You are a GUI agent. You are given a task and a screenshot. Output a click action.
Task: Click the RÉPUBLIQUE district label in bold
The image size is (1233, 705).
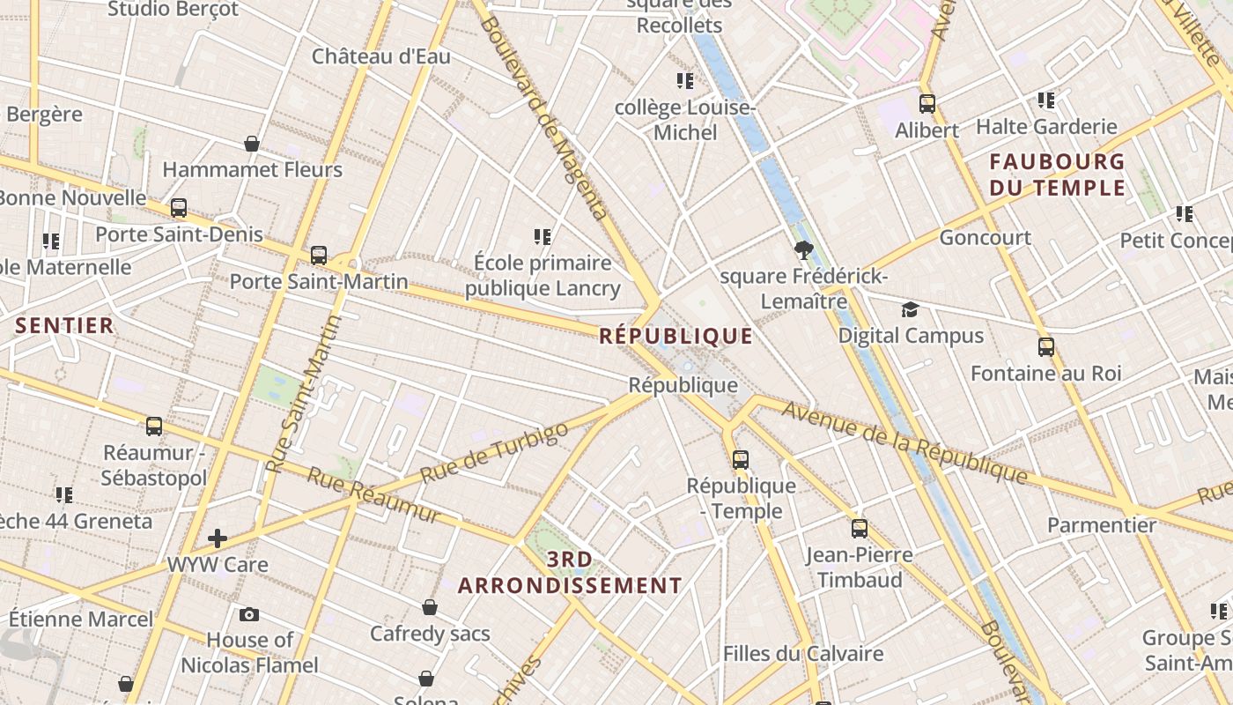point(676,336)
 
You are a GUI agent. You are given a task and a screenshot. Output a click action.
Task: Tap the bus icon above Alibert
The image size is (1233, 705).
point(927,104)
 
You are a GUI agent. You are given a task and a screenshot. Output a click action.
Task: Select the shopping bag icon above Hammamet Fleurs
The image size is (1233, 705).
point(252,144)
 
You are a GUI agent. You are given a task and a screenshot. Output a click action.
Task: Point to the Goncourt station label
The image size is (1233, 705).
point(985,237)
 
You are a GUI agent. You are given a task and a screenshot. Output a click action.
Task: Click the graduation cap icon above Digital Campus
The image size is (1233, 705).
point(910,310)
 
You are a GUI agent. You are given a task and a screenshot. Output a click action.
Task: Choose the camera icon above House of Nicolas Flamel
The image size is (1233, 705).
point(249,614)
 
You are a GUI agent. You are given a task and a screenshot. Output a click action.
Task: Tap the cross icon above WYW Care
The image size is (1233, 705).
point(218,538)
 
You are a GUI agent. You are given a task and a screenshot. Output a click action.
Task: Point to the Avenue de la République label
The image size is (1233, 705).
point(904,442)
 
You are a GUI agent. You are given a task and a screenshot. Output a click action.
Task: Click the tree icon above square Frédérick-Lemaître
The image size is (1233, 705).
point(802,250)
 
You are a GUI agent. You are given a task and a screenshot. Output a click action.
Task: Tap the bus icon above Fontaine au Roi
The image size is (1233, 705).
point(1045,347)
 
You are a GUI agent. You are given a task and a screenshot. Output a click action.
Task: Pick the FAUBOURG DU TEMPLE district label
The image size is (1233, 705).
point(1057,174)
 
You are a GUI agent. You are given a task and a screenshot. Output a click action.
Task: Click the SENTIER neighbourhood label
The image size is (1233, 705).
point(64,325)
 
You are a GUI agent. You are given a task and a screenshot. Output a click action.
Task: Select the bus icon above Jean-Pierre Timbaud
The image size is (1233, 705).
point(859,529)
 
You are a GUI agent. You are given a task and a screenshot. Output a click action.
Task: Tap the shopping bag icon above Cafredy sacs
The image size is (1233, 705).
point(430,607)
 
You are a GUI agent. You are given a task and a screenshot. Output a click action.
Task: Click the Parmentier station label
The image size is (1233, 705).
point(1101,525)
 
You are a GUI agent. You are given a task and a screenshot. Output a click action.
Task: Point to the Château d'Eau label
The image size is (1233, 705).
point(380,56)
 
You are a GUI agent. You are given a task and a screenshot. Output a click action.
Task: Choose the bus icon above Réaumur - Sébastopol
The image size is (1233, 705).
point(154,427)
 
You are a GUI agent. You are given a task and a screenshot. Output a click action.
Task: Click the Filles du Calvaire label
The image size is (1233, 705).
point(802,653)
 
